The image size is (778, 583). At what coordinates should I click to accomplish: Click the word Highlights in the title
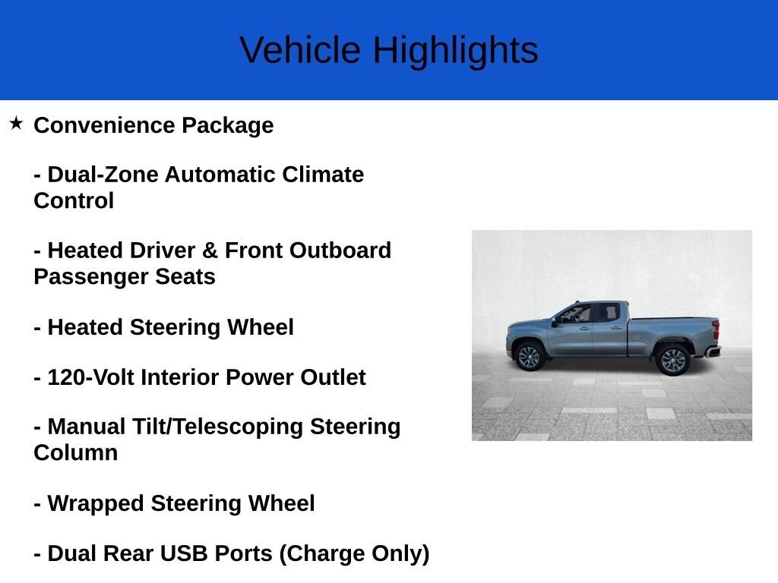coord(455,51)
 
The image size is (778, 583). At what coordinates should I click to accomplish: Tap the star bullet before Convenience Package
coord(16,123)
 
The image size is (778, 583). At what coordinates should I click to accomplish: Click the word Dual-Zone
coord(103,175)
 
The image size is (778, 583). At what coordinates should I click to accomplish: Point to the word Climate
coord(323,175)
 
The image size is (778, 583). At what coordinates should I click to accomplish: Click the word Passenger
coord(91,276)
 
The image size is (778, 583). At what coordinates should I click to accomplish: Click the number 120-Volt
coord(90,377)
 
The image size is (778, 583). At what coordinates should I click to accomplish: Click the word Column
coord(75,453)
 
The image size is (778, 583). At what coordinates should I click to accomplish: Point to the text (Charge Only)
coord(354,553)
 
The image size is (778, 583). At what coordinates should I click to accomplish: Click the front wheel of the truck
coord(529,357)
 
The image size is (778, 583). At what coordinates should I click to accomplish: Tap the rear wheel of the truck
coord(673,360)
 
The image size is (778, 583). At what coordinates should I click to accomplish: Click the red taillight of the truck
coord(715,330)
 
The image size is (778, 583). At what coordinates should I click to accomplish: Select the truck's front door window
coord(575,314)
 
